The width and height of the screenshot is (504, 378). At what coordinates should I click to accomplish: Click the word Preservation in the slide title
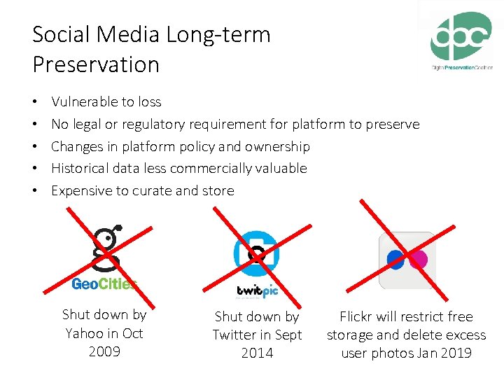coord(96,64)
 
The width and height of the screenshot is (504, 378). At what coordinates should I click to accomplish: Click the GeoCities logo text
coord(104,283)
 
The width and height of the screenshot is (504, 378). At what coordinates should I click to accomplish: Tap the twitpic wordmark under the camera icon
coord(258,291)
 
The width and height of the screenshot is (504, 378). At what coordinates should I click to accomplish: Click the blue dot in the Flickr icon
coord(396,260)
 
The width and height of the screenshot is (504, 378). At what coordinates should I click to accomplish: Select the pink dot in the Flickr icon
coord(418,260)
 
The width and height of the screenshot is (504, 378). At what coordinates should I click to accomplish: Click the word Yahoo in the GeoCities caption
coord(83,333)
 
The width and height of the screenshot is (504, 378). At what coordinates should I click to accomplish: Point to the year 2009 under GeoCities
coord(104,351)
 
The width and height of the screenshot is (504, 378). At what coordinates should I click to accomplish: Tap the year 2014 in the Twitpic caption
coord(257,353)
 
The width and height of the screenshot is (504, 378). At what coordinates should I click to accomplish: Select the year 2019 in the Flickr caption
coord(456,353)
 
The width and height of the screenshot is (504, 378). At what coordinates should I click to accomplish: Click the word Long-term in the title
coord(218,34)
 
